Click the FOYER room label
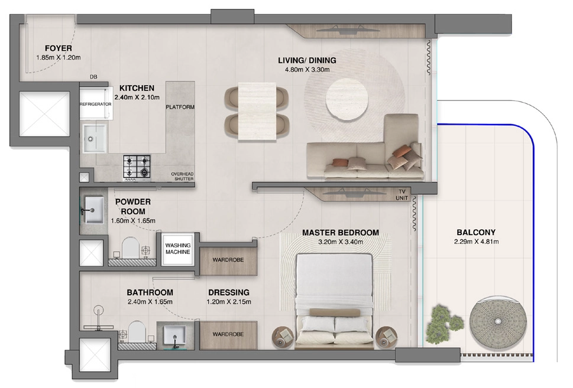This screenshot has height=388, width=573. pos(59,48)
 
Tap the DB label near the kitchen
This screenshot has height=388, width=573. pos(93,77)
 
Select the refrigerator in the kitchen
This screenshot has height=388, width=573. pos(96,104)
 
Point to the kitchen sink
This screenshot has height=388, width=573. pos(95,138)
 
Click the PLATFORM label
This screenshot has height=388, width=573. pos(180,107)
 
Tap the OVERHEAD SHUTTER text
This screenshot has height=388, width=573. pos(182,177)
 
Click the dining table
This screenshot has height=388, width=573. pos(257,111)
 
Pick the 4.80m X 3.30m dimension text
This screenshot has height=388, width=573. pos(307,69)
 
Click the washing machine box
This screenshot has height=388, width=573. pos(178,249)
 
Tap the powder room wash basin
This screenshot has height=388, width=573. pos(93,210)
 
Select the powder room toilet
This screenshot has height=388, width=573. pos(131,248)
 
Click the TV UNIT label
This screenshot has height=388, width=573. pos(402,194)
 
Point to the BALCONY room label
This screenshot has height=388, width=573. pos(476,232)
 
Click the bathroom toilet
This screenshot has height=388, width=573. pos(137,332)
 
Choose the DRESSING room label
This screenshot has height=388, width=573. pos(229,292)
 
